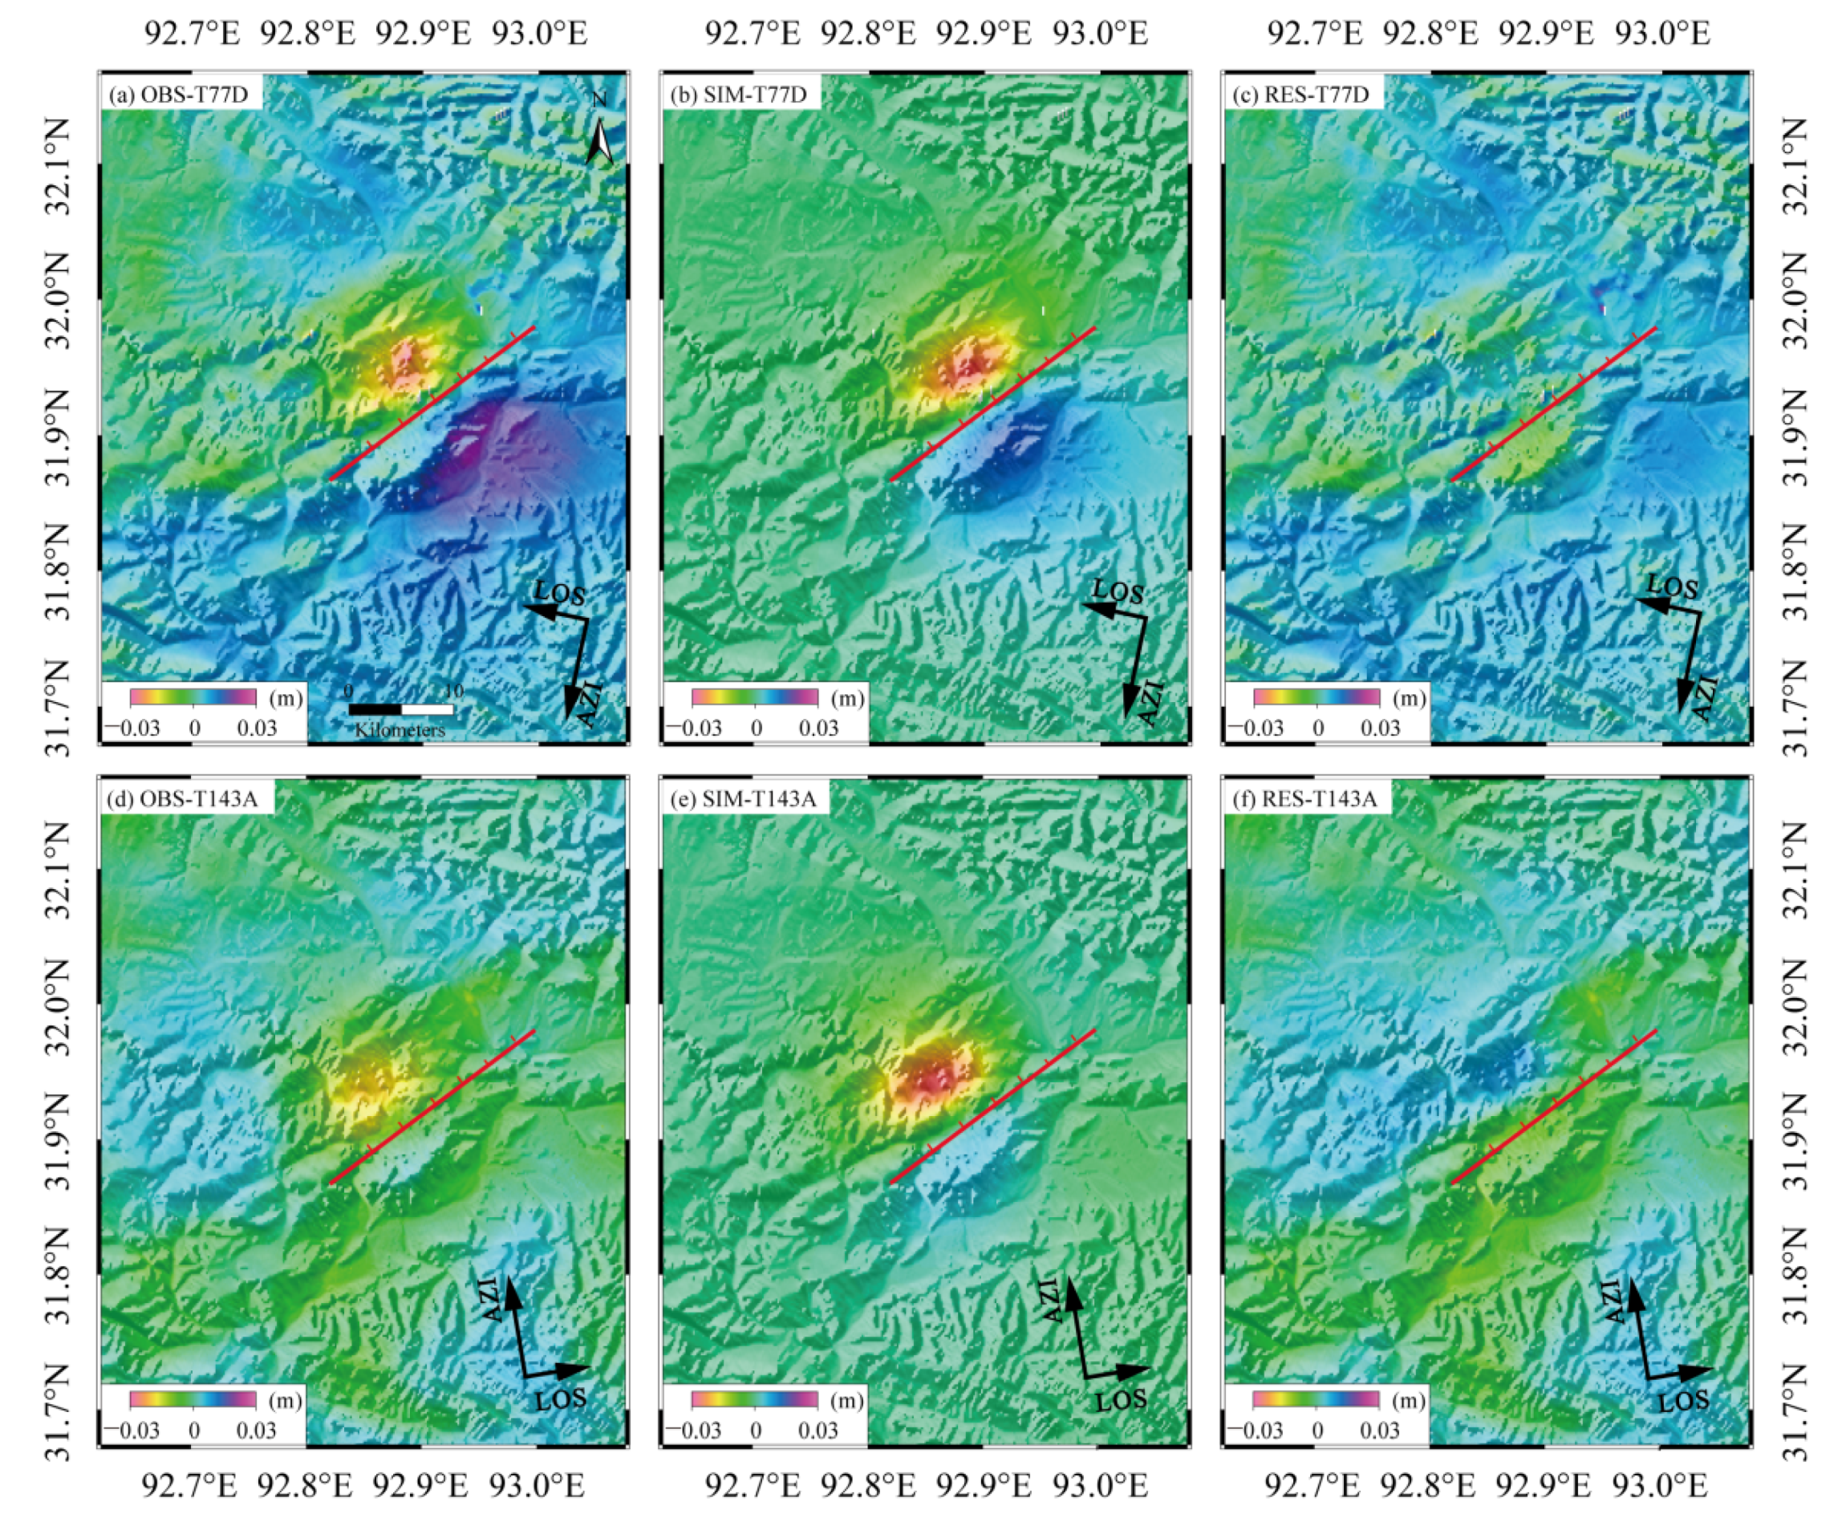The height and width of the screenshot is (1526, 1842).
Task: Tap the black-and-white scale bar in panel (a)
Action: [x=401, y=709]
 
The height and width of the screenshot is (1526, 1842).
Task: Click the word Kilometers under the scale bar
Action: [x=400, y=729]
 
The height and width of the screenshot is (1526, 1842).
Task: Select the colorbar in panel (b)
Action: [x=754, y=698]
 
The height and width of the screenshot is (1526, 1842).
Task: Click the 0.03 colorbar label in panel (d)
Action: [x=256, y=1431]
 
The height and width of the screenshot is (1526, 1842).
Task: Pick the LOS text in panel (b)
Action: [x=1118, y=592]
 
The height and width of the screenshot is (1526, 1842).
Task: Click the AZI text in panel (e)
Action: [x=1049, y=1301]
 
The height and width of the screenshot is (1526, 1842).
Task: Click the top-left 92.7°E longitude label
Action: [x=192, y=34]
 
